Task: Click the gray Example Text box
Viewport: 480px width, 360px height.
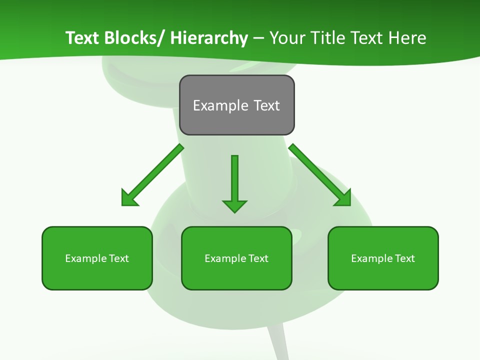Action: tap(236, 105)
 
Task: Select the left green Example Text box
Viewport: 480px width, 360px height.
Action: tap(97, 258)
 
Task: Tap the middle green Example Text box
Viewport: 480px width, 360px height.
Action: tap(236, 258)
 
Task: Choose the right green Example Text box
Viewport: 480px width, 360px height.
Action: tap(383, 258)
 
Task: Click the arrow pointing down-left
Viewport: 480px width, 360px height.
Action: tap(152, 175)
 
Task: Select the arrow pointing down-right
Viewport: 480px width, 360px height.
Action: tap(320, 175)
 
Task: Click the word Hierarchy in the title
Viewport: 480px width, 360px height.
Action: tap(209, 38)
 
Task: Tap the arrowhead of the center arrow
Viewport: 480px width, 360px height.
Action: tap(234, 205)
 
